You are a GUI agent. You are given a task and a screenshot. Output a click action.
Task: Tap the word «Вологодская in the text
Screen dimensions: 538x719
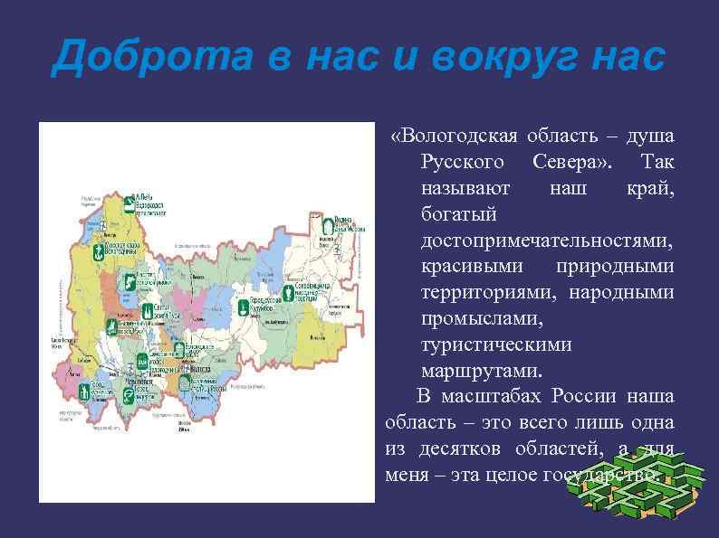pyautogui.click(x=454, y=136)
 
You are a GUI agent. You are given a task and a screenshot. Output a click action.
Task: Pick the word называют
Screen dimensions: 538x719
pyautogui.click(x=465, y=188)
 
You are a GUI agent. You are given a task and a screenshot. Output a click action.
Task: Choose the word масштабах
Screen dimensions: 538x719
pyautogui.click(x=494, y=397)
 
